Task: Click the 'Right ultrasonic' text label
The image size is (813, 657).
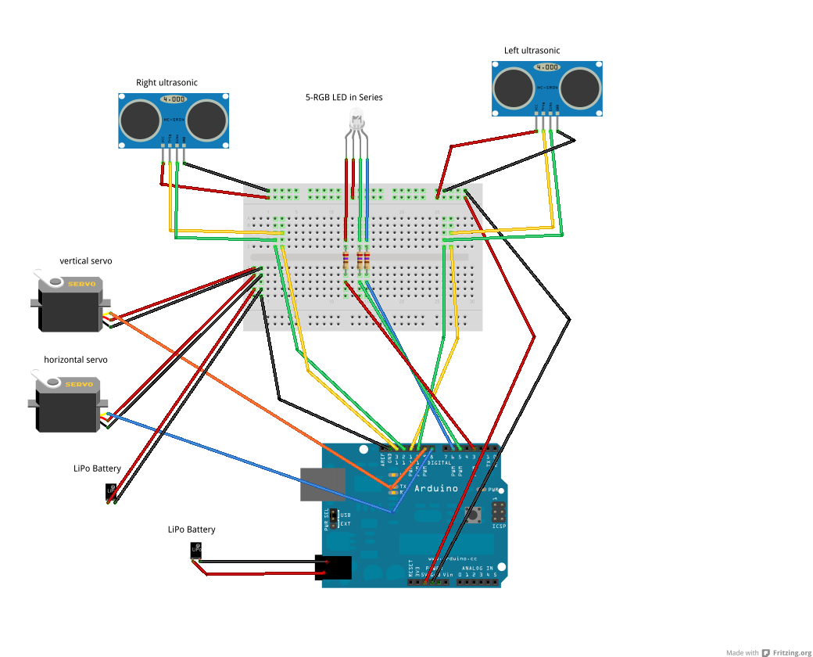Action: pos(167,82)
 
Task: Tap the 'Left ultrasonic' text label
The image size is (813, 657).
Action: pos(532,51)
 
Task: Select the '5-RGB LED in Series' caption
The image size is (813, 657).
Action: pos(344,98)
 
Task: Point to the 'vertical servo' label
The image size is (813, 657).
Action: pos(86,260)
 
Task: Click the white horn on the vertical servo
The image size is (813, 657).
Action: pos(48,279)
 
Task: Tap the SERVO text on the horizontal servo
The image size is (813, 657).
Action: pos(78,385)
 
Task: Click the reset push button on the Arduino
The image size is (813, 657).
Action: pos(474,514)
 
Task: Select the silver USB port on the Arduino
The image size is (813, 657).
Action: pos(322,484)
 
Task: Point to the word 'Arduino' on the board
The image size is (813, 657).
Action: pos(436,488)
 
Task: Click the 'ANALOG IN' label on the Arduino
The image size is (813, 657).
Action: pos(478,568)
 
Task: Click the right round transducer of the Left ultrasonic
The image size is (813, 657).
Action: pos(581,88)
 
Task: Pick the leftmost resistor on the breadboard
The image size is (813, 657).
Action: pos(346,260)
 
